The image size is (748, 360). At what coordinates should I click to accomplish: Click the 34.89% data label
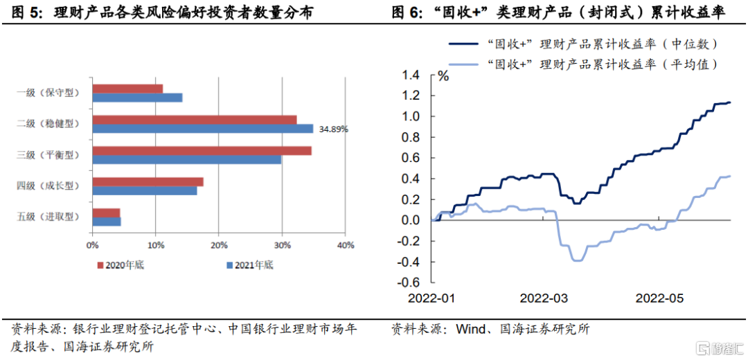click(x=333, y=129)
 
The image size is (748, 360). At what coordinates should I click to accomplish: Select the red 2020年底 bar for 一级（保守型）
click(x=127, y=89)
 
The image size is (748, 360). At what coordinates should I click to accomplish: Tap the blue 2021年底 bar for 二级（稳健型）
click(x=202, y=129)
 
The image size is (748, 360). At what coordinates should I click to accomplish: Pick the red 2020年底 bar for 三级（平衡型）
click(x=202, y=150)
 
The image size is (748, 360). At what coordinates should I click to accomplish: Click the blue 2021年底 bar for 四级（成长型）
click(x=144, y=190)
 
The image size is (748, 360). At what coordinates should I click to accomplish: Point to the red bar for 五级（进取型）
click(x=106, y=213)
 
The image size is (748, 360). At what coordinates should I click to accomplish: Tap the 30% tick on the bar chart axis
click(x=282, y=244)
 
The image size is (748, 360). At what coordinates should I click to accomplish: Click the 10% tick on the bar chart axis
click(x=155, y=244)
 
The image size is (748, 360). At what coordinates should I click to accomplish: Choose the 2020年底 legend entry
click(x=121, y=264)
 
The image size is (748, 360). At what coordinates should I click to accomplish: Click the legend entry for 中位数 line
click(x=582, y=44)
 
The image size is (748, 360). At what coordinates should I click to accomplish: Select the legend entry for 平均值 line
click(x=582, y=64)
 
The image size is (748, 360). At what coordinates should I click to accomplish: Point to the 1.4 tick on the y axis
click(x=411, y=75)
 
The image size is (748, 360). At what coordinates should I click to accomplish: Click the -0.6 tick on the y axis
click(x=409, y=282)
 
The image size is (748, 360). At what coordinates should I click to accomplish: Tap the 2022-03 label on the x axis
click(x=544, y=298)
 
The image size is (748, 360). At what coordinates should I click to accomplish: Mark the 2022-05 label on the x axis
click(x=659, y=298)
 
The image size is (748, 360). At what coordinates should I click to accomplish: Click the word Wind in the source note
click(x=471, y=330)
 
